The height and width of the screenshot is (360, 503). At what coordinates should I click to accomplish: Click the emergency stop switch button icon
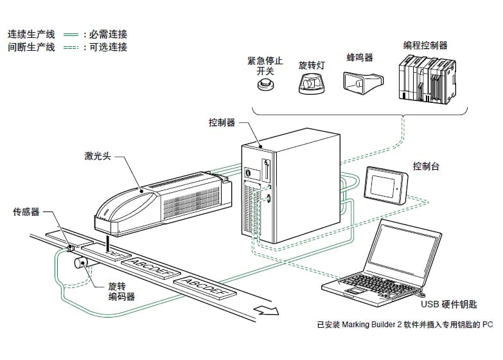coord(262,85)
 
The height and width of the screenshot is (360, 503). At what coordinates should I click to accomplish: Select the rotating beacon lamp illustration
coord(312,84)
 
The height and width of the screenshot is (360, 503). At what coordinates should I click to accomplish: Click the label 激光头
coord(98,156)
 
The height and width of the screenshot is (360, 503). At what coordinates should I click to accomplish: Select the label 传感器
coord(27,212)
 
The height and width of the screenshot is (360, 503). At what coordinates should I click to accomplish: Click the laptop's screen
coord(406,248)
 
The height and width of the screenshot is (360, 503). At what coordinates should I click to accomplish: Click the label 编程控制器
coord(425,46)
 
